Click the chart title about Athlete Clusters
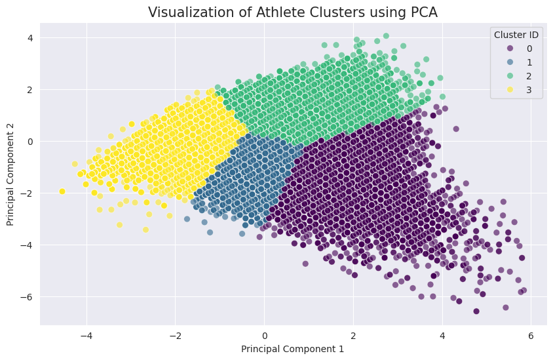(292, 12)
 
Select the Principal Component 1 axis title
(292, 349)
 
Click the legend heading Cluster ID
(516, 34)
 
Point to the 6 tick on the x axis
(531, 335)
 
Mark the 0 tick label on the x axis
(264, 335)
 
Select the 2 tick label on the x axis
(353, 335)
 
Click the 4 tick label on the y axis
(29, 37)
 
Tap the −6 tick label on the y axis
(26, 297)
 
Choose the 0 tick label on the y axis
(29, 141)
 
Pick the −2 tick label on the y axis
(26, 193)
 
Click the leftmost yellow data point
(62, 191)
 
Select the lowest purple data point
(476, 311)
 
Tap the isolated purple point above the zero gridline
(456, 129)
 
